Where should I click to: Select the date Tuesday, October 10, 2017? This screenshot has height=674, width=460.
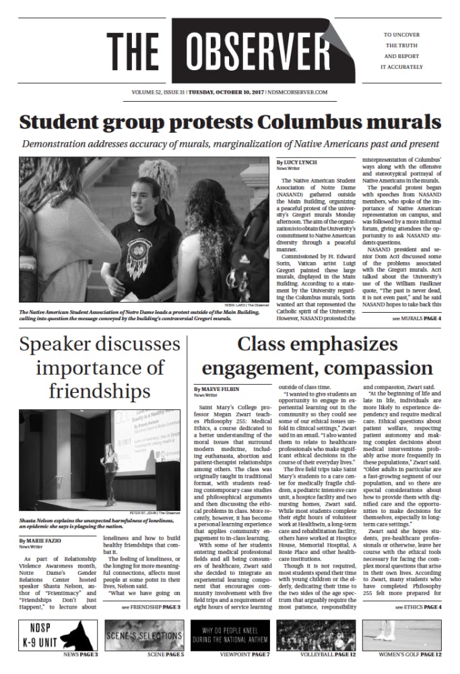(226, 92)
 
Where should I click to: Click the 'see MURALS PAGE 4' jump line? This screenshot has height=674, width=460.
(417, 317)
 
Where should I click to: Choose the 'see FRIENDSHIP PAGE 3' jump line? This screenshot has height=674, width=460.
(151, 607)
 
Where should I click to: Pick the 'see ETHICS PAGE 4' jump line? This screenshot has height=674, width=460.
(418, 607)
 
